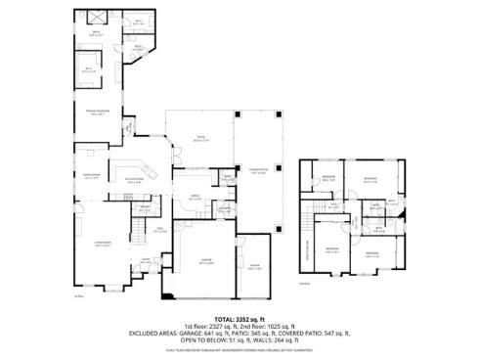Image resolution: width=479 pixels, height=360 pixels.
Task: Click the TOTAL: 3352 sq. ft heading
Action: tap(239, 318)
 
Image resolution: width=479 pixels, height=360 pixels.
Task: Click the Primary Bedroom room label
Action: tap(95, 113)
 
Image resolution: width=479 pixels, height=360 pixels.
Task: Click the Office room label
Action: tap(195, 198)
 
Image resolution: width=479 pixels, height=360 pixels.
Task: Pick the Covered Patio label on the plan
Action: tap(258, 174)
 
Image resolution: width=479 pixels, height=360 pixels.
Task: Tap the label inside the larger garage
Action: tap(207, 262)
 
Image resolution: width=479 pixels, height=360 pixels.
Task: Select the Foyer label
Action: tap(145, 259)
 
